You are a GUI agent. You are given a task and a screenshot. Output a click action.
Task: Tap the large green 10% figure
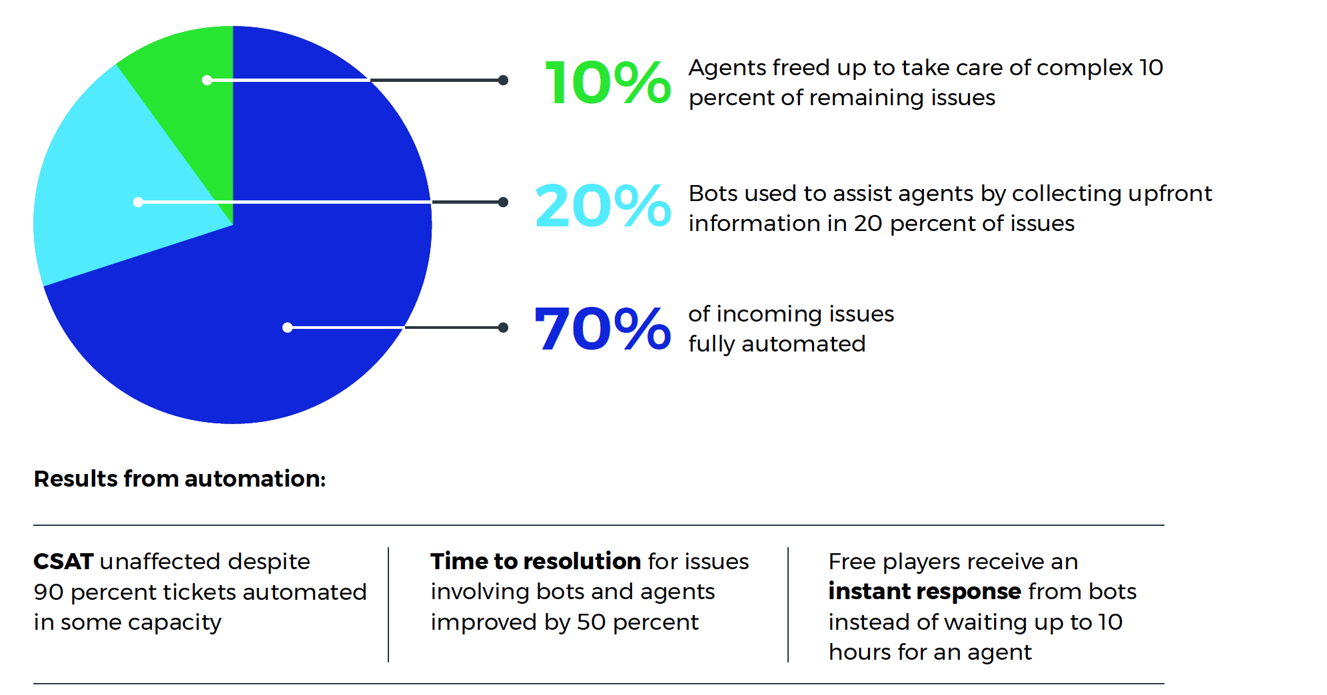[x=607, y=83]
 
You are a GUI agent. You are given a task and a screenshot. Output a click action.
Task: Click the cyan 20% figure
[x=603, y=206]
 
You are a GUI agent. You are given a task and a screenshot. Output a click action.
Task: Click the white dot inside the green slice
[x=207, y=81]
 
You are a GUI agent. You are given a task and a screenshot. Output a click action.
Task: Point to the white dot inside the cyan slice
[x=138, y=202]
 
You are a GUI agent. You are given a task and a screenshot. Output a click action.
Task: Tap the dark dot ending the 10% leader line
[x=504, y=81]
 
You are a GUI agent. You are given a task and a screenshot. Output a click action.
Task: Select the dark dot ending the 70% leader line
[x=504, y=328]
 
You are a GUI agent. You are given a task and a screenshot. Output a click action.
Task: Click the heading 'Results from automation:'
[x=180, y=479]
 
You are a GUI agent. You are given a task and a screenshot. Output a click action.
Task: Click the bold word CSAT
[x=63, y=561]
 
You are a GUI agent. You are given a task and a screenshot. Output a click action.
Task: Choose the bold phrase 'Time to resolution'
[x=536, y=561]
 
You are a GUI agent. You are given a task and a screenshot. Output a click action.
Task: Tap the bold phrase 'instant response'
[x=925, y=591]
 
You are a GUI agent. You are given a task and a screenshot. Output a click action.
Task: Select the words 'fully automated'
[x=777, y=344]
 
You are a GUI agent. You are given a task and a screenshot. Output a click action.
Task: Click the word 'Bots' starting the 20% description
[x=713, y=194]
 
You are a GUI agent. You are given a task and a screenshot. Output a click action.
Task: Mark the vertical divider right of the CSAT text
[x=388, y=604]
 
